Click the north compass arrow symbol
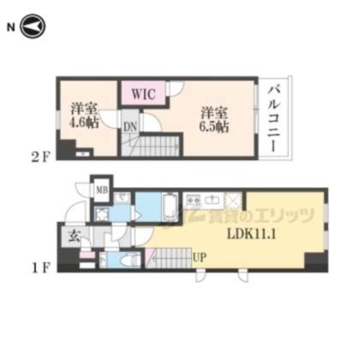coord(31,26)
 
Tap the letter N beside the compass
coord(10,26)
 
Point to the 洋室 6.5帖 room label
coord(214,119)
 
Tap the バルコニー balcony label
coord(274,118)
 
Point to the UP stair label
coord(200,259)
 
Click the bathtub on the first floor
coord(170,207)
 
